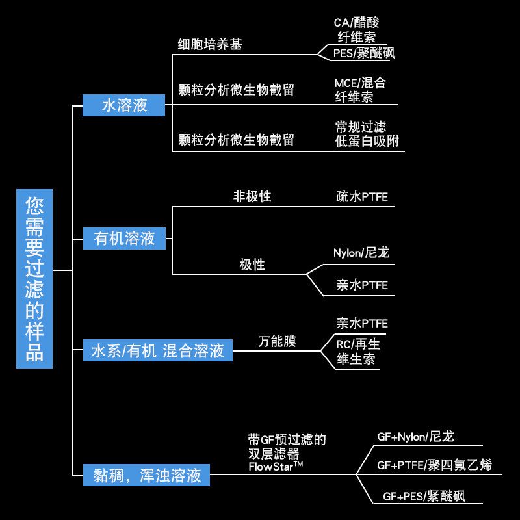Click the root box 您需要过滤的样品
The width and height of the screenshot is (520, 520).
(x=34, y=279)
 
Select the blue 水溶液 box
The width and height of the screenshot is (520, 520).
(x=124, y=105)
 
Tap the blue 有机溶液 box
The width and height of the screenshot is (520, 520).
(x=124, y=239)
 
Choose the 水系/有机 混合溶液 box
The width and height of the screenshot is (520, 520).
(x=157, y=351)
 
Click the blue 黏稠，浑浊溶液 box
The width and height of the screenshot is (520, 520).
(x=146, y=476)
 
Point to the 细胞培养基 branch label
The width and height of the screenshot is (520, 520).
(x=210, y=44)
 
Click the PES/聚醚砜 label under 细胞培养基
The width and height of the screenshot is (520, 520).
(x=364, y=53)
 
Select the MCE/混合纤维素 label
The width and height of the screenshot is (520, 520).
(x=359, y=90)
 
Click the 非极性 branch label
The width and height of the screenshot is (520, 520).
(x=252, y=196)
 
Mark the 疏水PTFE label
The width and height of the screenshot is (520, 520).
(x=362, y=196)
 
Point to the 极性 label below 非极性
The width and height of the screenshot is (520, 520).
(x=252, y=265)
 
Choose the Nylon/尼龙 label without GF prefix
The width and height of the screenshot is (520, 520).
(x=361, y=252)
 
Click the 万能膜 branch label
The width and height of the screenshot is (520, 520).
(x=277, y=341)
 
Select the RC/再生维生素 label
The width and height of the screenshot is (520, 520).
(x=357, y=351)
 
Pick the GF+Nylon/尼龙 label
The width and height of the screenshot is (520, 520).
(x=415, y=437)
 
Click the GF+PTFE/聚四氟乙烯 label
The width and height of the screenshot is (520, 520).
(x=434, y=465)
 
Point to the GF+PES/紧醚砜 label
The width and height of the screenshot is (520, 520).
(x=424, y=497)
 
